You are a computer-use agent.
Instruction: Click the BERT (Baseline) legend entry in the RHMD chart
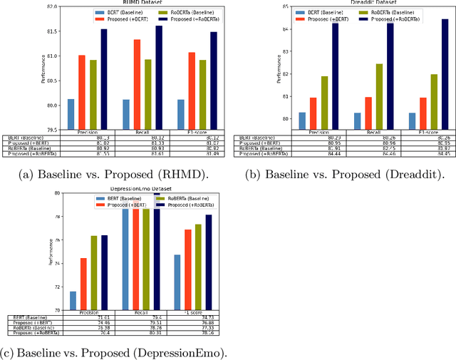117,13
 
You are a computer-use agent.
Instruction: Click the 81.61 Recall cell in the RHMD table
137,153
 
